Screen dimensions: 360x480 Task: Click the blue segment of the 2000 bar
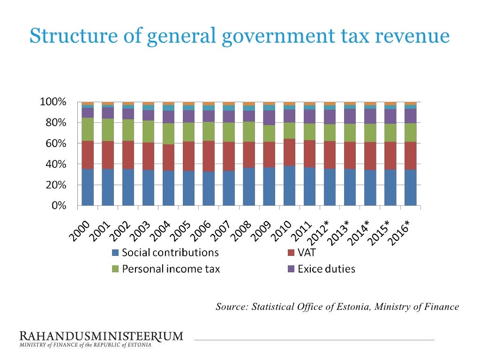[88, 187]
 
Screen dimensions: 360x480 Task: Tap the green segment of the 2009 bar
[269, 134]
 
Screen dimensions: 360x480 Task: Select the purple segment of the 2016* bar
[411, 116]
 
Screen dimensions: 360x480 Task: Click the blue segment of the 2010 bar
[289, 186]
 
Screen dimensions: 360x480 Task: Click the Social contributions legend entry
[170, 253]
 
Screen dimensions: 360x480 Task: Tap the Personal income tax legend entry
[170, 269]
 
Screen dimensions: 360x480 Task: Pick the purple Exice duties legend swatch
[290, 269]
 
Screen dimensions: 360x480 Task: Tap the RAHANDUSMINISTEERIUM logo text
[101, 336]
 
